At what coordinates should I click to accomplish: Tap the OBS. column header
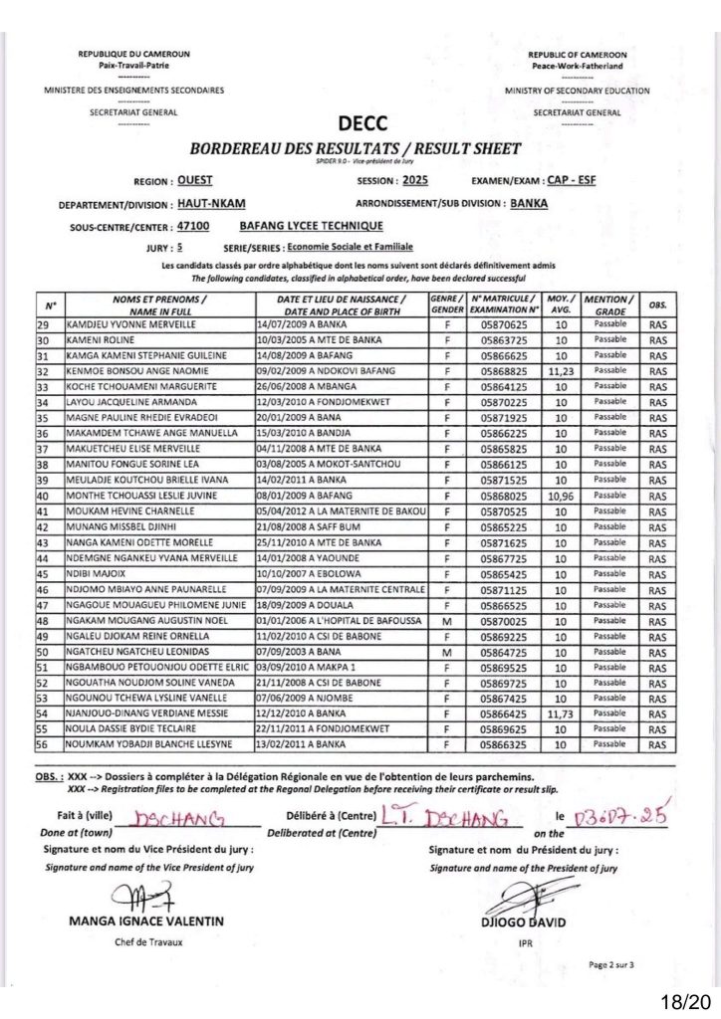[x=657, y=305]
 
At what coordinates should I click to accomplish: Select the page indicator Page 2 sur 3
[x=610, y=964]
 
